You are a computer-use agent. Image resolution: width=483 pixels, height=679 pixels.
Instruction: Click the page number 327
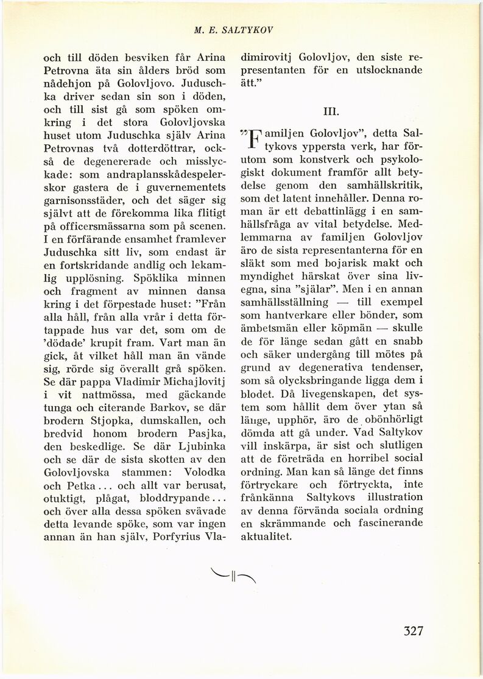(x=412, y=630)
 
